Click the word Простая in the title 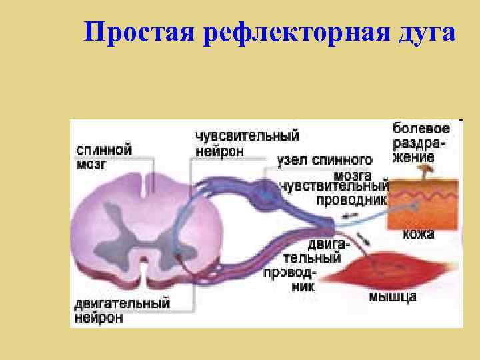[127, 33]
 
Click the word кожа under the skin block [418, 234]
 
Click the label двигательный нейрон [121, 311]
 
